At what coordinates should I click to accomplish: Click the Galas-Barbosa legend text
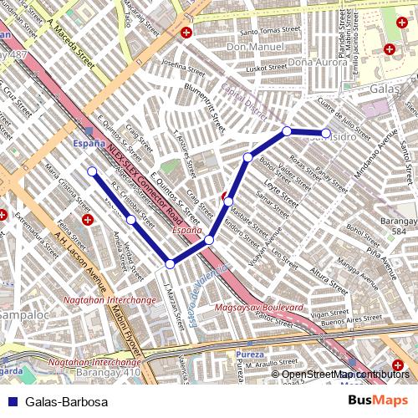pos(66,402)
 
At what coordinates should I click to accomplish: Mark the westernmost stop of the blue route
pos(92,171)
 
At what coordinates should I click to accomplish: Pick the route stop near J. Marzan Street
pos(170,263)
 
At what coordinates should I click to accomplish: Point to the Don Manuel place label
pos(249,48)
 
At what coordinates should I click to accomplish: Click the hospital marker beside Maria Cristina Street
pos(88,220)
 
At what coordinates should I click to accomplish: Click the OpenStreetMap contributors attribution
pos(344,375)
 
